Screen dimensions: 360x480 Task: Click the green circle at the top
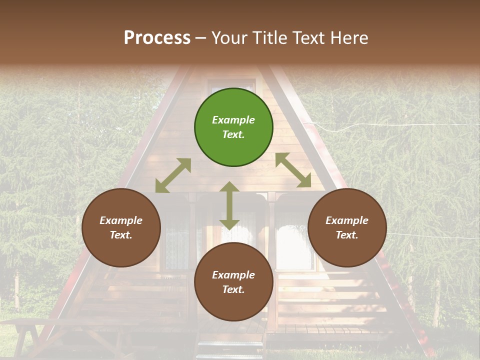(x=233, y=127)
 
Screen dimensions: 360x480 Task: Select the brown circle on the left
(x=121, y=228)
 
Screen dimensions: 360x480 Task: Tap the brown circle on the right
(x=347, y=228)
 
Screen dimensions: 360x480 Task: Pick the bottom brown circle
(x=233, y=282)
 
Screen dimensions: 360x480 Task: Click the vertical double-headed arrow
(x=229, y=205)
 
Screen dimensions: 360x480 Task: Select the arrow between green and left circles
(x=173, y=175)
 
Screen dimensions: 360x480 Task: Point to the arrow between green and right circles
(x=293, y=170)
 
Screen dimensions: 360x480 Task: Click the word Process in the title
(x=157, y=37)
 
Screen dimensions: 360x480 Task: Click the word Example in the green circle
(x=233, y=120)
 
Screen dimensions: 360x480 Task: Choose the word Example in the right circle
(x=347, y=220)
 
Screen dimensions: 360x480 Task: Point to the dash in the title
(x=201, y=38)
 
